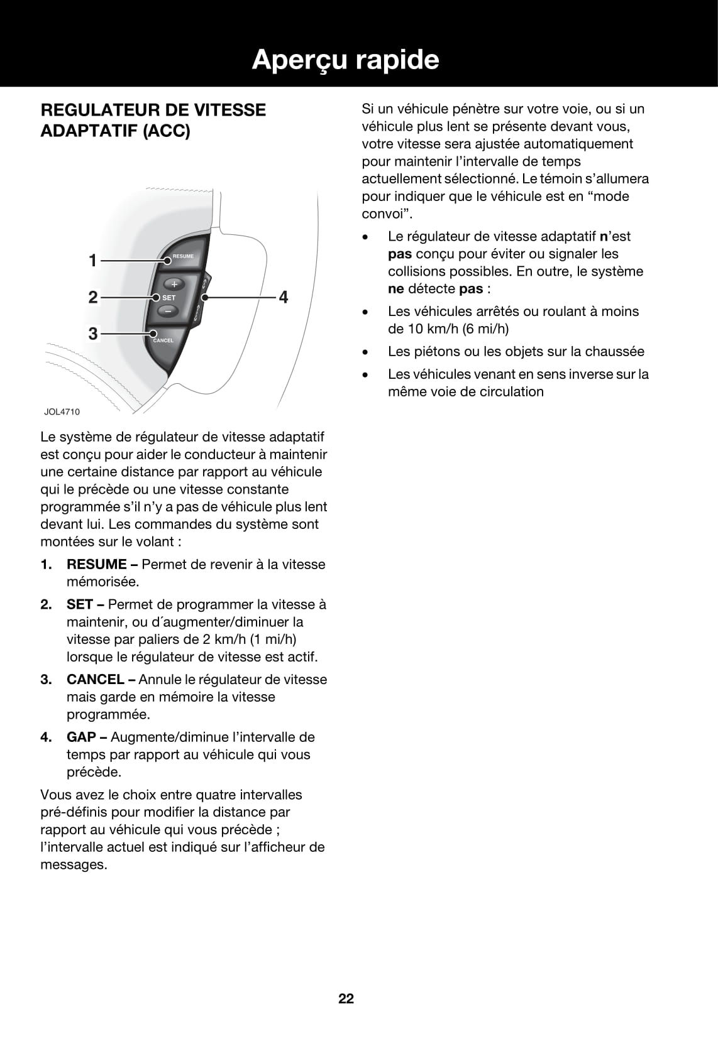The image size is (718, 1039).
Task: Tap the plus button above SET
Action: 174,283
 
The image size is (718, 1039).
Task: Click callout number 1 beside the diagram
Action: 93,259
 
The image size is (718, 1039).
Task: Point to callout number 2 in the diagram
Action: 93,296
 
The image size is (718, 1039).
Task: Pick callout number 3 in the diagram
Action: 93,334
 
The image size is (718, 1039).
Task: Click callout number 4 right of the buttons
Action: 284,296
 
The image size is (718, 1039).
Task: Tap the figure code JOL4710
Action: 62,411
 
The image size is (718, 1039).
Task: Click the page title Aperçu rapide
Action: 345,60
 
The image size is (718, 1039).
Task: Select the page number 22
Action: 346,998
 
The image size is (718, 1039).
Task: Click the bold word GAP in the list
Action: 81,737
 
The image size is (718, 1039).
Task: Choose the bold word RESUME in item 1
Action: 96,564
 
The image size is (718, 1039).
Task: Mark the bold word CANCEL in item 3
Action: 95,679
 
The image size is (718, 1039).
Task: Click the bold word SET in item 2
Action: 80,604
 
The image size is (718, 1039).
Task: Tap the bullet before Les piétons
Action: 365,352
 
